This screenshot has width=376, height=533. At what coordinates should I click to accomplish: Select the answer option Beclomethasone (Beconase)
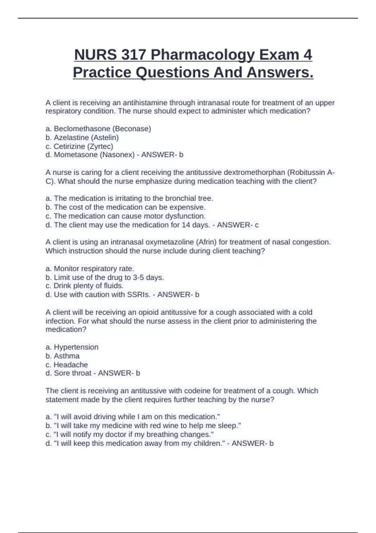click(x=98, y=129)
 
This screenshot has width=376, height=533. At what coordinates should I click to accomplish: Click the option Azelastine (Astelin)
click(x=82, y=137)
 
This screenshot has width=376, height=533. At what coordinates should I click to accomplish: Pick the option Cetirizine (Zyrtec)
click(x=79, y=146)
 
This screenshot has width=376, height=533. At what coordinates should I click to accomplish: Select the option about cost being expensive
click(x=126, y=207)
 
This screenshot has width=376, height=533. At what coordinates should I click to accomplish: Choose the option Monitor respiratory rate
click(x=90, y=269)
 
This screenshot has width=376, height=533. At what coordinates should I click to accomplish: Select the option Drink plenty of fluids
click(x=85, y=286)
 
